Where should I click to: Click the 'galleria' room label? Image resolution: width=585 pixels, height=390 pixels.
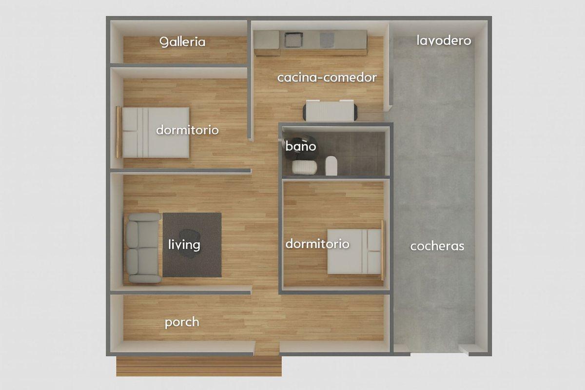(183, 42)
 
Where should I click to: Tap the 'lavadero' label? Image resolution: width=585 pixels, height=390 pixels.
(444, 40)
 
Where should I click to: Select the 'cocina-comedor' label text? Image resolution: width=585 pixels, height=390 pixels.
(327, 78)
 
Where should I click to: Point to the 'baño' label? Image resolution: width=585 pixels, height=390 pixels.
(301, 146)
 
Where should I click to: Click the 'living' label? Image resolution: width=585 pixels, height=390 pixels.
(184, 244)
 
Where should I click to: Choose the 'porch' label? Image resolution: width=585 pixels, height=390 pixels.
(182, 322)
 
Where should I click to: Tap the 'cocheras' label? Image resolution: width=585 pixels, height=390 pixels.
(437, 246)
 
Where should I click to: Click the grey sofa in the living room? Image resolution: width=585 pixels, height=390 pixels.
(143, 248)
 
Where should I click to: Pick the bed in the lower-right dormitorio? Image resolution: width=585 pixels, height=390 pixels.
(354, 252)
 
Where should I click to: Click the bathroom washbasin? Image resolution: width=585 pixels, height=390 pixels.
(305, 167)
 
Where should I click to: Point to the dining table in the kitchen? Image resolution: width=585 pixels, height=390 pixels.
(330, 111)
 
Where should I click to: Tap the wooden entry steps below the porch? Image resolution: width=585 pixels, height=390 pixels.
(198, 366)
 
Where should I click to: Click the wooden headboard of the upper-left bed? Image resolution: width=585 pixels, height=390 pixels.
(118, 132)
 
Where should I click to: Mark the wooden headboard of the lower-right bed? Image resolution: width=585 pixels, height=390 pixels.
(383, 251)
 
